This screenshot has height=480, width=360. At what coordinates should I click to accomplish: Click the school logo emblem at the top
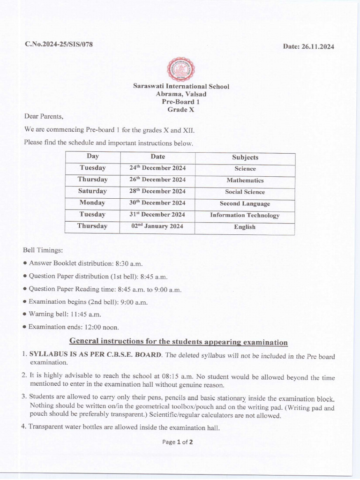pos(180,69)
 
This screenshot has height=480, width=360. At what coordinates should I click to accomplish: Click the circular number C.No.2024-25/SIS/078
pos(59,44)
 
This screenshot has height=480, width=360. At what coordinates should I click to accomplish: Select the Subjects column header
pos(245,157)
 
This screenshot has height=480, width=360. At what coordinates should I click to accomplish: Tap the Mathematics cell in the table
pos(245,180)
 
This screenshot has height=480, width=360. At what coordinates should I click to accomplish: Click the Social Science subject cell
pos(245,192)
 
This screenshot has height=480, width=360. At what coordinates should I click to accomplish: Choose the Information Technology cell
pos(245,215)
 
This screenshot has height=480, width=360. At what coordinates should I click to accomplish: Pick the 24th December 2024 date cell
pos(157,168)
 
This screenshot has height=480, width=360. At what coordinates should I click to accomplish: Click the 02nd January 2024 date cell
pos(157,226)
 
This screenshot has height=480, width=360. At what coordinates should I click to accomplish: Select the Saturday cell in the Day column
pos(93,191)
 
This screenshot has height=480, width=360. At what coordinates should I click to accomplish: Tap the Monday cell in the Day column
pos(92,203)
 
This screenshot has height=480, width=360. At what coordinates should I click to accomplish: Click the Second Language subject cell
pos(245,203)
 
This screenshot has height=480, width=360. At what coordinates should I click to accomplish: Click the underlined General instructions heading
pos(179,341)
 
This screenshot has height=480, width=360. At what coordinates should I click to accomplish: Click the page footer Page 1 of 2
pos(178,442)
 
